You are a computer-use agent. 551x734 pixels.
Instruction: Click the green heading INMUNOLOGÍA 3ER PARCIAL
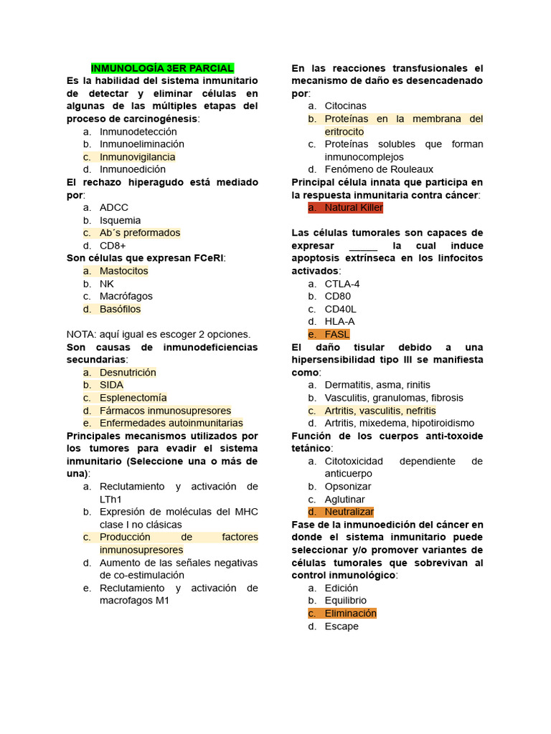click(x=162, y=68)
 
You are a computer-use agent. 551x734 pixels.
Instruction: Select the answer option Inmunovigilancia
click(x=137, y=157)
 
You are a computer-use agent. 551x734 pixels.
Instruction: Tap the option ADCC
click(x=114, y=208)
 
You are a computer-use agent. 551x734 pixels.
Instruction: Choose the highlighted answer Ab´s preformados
click(x=140, y=233)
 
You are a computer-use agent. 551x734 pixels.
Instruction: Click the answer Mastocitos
click(x=123, y=271)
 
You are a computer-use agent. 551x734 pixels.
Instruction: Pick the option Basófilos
click(x=120, y=309)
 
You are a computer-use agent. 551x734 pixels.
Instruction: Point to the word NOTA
click(x=80, y=334)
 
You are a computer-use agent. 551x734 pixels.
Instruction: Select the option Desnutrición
click(x=128, y=373)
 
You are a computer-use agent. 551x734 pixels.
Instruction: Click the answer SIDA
click(x=111, y=385)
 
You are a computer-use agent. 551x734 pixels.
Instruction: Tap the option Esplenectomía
click(x=133, y=398)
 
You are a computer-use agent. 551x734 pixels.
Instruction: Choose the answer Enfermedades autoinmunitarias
click(x=171, y=423)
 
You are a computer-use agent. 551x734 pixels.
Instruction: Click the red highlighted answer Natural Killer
click(x=354, y=208)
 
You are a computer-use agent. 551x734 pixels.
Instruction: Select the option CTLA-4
click(x=342, y=284)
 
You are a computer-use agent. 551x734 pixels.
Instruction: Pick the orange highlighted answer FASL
click(x=337, y=334)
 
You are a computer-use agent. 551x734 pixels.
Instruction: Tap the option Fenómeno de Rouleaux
click(x=379, y=169)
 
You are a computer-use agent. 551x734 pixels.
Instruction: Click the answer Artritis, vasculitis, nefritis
click(x=380, y=411)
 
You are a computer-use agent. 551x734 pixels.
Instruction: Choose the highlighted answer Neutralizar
click(x=349, y=512)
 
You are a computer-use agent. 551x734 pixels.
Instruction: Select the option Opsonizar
click(x=348, y=487)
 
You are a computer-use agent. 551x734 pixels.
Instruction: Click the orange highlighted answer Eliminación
click(x=350, y=614)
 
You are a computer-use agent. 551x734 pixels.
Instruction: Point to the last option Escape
click(x=342, y=626)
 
